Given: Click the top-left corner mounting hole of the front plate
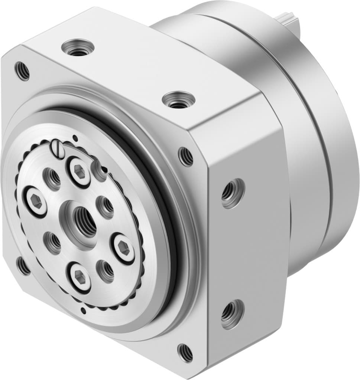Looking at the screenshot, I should (22, 71).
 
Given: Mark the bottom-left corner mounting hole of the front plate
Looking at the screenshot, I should (23, 266).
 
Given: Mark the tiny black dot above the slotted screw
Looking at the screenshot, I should (75, 138).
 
